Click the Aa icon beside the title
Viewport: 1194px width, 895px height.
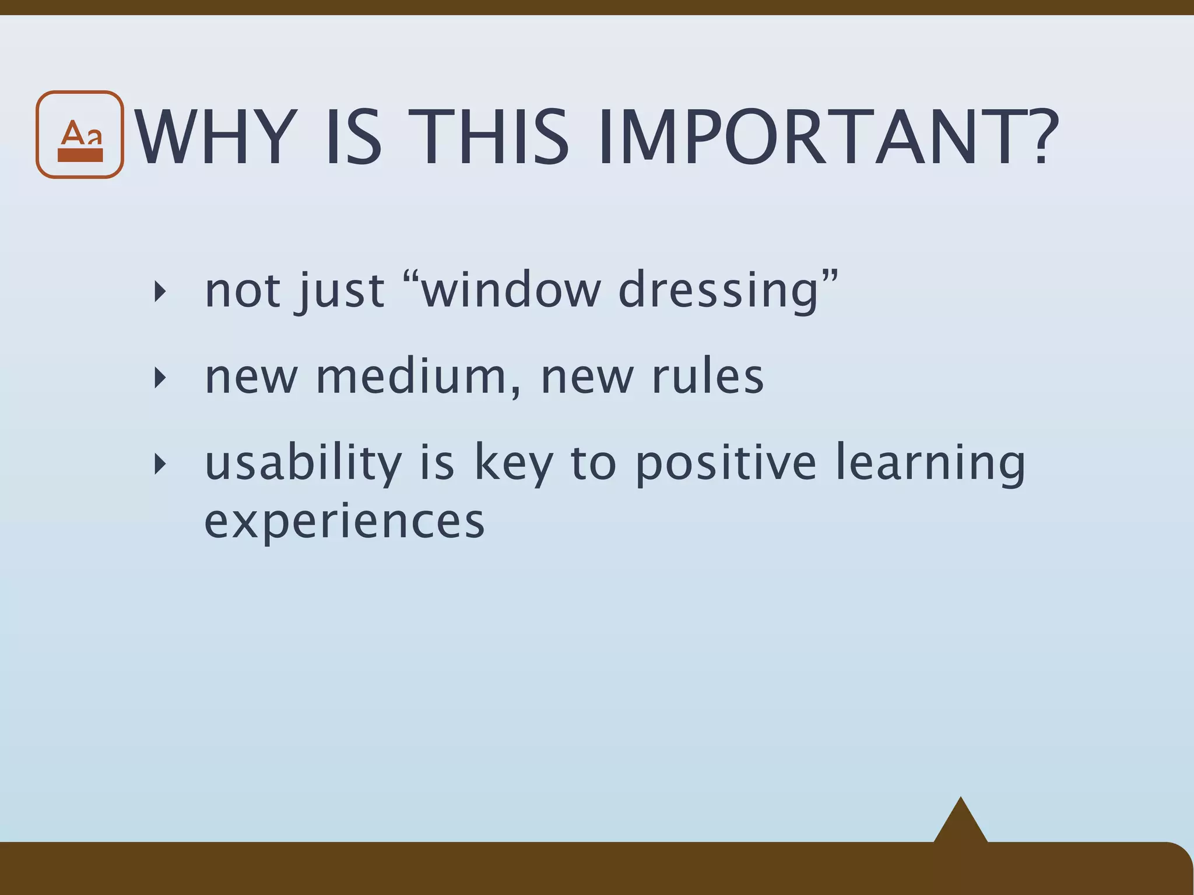[80, 135]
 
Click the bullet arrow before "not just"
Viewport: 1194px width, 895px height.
[160, 291]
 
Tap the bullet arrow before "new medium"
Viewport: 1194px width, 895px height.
[160, 378]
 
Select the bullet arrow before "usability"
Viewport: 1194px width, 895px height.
[160, 464]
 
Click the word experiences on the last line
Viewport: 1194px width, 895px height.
[344, 522]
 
